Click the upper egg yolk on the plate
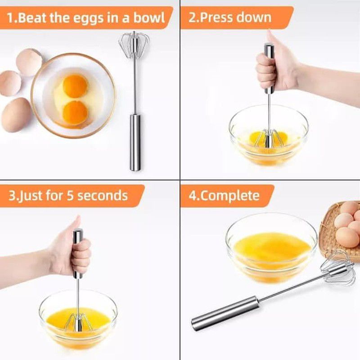point(75,85)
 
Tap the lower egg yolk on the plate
point(75,112)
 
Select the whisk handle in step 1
point(135,142)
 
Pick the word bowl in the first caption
point(152,18)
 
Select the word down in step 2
point(254,18)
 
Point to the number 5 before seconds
point(70,196)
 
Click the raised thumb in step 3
point(76,224)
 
